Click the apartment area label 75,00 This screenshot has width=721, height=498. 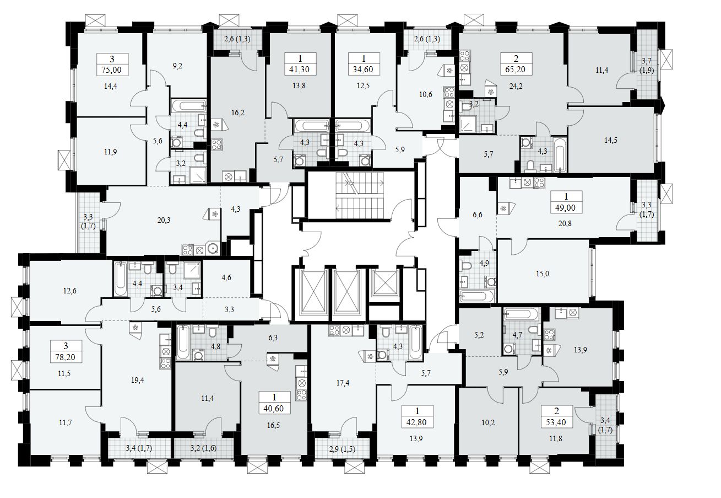pos(112,70)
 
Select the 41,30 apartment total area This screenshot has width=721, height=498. pos(300,70)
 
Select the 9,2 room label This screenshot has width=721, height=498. pos(177,66)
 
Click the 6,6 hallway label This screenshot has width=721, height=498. pos(478,215)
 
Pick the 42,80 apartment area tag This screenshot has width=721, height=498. pos(416,424)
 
